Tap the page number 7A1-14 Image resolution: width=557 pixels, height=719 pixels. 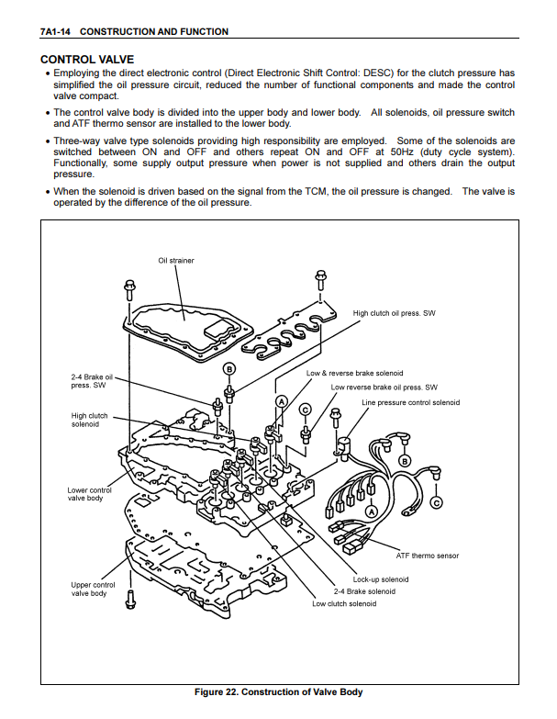click(56, 32)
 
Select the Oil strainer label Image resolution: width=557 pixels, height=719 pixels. click(176, 260)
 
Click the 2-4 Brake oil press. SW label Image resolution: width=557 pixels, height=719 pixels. click(92, 381)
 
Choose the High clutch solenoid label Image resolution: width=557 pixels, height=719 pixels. click(89, 420)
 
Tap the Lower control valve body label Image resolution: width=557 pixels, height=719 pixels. click(90, 494)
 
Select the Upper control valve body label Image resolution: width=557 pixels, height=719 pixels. click(93, 589)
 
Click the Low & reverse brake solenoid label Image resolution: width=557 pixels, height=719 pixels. click(354, 374)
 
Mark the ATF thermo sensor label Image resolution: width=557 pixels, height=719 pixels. click(427, 556)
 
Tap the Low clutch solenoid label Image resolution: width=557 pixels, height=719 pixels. click(344, 603)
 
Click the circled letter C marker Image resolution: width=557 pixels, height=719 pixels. click(437, 502)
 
